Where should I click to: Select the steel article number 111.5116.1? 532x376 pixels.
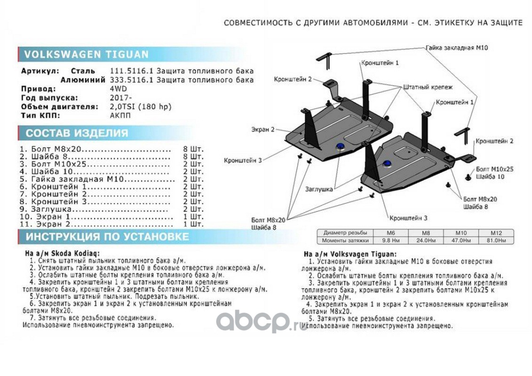(126, 71)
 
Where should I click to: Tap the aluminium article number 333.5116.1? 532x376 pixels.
(126, 80)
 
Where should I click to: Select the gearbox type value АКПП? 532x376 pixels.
(117, 116)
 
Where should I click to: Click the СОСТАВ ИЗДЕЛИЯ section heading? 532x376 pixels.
(77, 133)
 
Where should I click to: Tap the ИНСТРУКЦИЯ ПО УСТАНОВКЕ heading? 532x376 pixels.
(107, 236)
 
